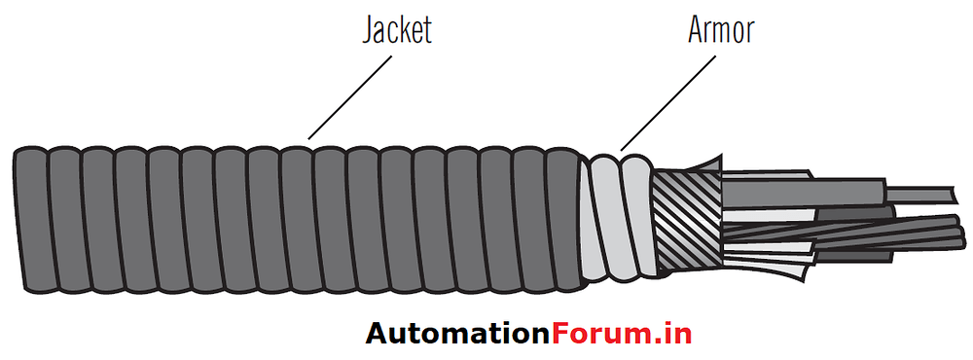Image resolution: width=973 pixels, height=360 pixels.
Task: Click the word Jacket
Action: point(396,29)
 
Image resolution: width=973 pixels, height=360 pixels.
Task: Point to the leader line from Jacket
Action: point(350,93)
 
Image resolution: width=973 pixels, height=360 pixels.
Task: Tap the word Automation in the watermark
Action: point(457,334)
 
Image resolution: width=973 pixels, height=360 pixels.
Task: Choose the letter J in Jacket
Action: point(369,30)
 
